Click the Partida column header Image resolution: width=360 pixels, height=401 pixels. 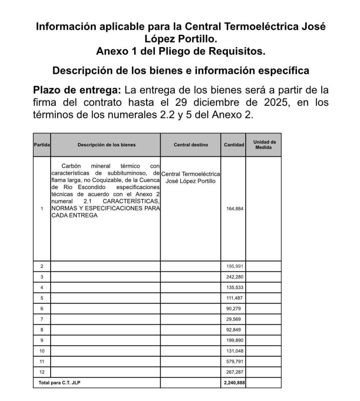click(x=42, y=145)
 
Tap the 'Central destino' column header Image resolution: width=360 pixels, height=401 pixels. click(x=191, y=145)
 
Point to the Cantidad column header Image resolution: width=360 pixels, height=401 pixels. click(x=234, y=145)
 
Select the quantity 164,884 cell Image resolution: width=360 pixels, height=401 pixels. click(x=235, y=209)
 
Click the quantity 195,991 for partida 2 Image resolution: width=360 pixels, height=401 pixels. click(x=235, y=266)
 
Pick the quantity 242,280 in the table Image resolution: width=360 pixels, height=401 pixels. click(x=235, y=277)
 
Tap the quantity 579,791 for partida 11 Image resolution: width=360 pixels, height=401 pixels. click(x=235, y=361)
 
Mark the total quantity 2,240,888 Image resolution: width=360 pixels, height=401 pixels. click(x=234, y=383)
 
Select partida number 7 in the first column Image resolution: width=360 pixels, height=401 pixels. click(x=42, y=319)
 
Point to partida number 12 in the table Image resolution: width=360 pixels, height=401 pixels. click(x=42, y=372)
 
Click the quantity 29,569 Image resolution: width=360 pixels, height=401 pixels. click(x=233, y=319)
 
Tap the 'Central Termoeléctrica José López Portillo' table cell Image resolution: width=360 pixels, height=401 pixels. click(x=191, y=177)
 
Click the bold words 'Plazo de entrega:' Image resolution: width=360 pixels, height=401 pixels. click(x=77, y=90)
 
